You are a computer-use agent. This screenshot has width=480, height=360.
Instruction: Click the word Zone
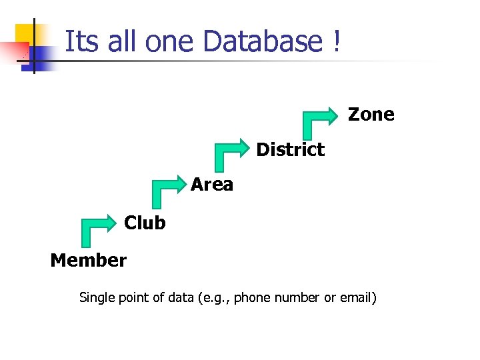371,115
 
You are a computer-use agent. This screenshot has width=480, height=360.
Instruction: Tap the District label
290,149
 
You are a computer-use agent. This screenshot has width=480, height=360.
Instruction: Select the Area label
212,185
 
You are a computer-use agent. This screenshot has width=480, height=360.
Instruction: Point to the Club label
145,223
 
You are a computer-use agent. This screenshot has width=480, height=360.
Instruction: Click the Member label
88,260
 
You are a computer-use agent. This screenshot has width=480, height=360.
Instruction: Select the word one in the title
171,43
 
